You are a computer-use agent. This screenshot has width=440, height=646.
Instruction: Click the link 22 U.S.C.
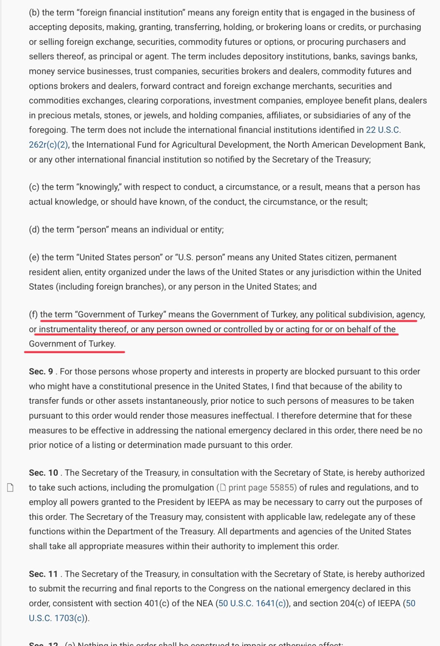pos(383,130)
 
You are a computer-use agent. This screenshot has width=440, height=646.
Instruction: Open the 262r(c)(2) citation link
pos(48,145)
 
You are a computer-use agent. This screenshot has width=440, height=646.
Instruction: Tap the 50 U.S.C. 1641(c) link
pos(252,603)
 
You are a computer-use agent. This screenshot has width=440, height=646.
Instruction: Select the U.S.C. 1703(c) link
pos(57,618)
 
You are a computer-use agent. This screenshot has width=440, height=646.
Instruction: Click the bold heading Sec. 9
pos(41,371)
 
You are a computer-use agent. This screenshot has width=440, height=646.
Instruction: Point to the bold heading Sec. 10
pos(43,473)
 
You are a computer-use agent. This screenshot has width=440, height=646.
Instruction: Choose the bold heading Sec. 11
pos(43,574)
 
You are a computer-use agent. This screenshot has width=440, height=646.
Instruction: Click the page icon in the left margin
pos(10,488)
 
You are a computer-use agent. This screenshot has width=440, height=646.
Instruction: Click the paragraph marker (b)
pos(34,12)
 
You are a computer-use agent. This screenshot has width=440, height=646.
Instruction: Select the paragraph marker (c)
pos(34,187)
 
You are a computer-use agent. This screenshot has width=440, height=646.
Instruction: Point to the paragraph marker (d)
pos(34,229)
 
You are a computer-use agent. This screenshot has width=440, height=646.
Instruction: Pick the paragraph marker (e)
pos(34,257)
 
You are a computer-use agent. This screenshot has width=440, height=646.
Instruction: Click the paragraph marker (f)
pos(33,315)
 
